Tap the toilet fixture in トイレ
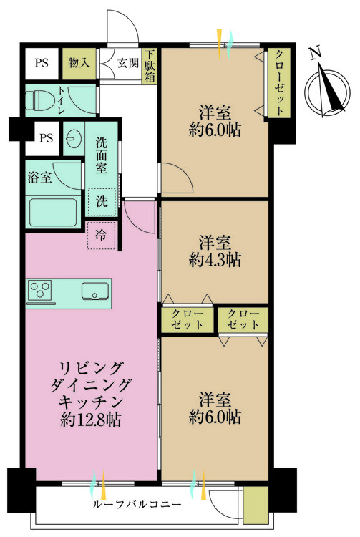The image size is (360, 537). click(x=42, y=100)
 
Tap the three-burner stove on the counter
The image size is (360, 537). click(x=41, y=291)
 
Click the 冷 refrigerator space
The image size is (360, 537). click(x=102, y=235)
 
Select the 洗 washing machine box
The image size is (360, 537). click(x=102, y=201)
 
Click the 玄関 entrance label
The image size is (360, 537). click(x=127, y=62)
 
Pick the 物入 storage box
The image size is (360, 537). click(x=79, y=62)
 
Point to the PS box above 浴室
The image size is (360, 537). click(x=47, y=137)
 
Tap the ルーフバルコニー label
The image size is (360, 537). click(x=136, y=504)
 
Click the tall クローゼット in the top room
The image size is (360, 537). click(x=279, y=83)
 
